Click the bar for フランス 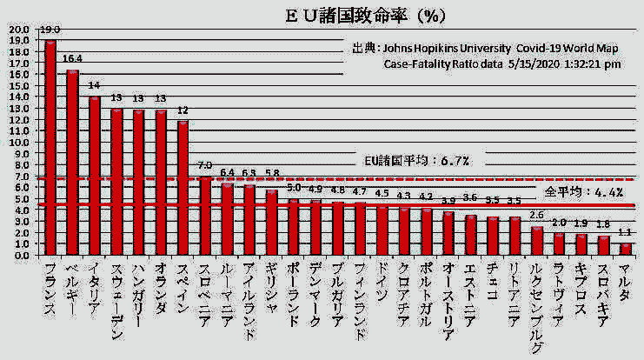coord(50,148)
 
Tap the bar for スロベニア coord(205,217)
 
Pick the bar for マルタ coord(626,250)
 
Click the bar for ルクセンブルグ coord(537,241)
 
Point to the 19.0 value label coord(50,31)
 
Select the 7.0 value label coord(205,166)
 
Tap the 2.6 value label coord(537,216)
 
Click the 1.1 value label coord(626,233)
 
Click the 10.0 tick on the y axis coord(18,142)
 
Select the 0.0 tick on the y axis coord(18,256)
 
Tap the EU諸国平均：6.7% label coord(417,161)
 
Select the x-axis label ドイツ coord(382,283)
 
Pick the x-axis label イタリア coord(95,286)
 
